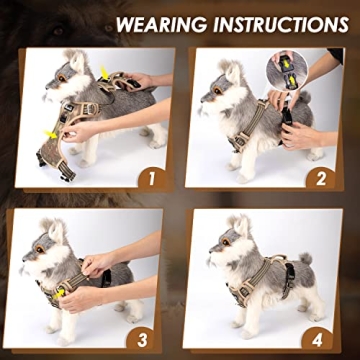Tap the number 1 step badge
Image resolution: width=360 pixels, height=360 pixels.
[x=151, y=180]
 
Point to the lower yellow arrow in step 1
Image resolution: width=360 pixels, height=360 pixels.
[x=50, y=131]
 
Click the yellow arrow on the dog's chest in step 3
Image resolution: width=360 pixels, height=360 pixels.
[x=57, y=291]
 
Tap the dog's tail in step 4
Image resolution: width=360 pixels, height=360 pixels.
[x=303, y=257]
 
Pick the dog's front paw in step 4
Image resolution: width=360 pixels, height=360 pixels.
[x=237, y=331]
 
